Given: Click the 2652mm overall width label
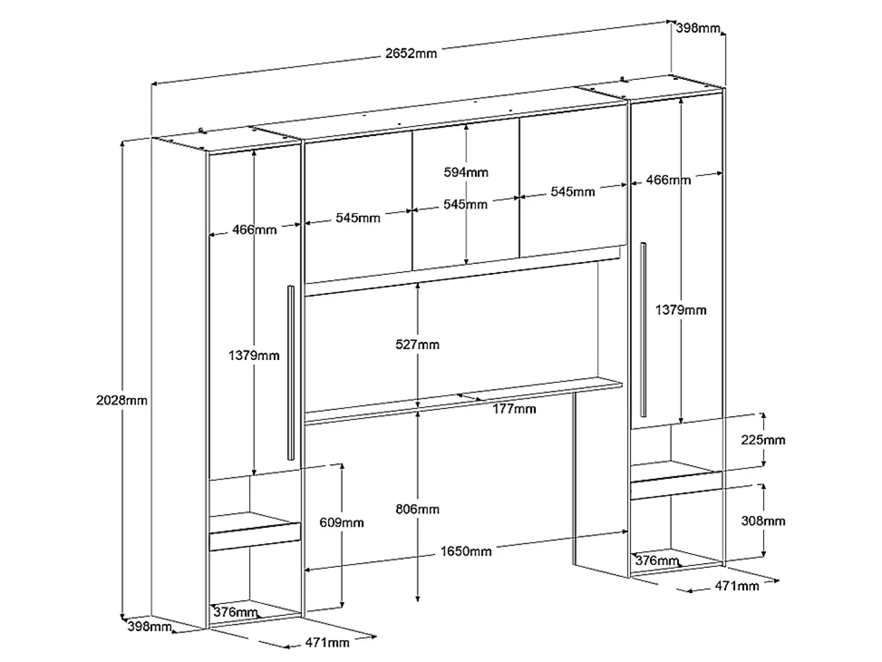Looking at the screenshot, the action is (411, 53).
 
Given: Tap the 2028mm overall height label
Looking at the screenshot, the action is (122, 400).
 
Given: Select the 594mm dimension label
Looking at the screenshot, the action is (466, 172).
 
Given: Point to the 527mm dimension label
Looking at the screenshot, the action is (417, 344).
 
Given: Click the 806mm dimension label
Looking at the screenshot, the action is (417, 509).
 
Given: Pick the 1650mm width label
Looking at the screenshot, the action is (466, 551).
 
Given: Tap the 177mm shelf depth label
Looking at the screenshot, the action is (514, 408).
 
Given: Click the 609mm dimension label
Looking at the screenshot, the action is (341, 522).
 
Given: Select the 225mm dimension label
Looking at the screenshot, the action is (763, 440).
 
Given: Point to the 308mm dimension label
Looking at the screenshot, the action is (763, 521).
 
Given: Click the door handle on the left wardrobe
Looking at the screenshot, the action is (291, 373).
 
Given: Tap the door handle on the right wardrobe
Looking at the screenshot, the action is (643, 329).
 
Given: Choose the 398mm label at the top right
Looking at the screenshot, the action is (698, 28).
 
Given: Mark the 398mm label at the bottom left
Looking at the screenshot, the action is (149, 626).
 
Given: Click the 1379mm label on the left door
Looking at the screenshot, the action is (254, 355).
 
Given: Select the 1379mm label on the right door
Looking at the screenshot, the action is (681, 310).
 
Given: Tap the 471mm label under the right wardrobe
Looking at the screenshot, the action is (737, 586).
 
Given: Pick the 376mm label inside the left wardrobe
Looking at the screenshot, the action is (236, 612).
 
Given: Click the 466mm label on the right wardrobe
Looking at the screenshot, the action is (668, 179).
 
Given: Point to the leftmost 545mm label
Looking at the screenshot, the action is (358, 217).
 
